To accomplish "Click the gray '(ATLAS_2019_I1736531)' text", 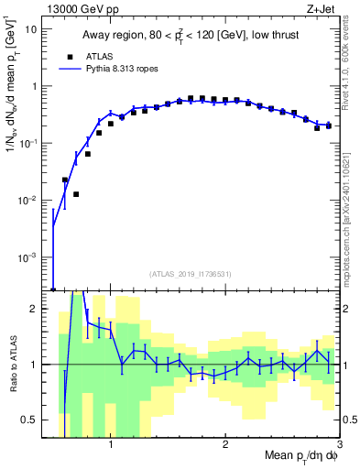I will tap(191, 274).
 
